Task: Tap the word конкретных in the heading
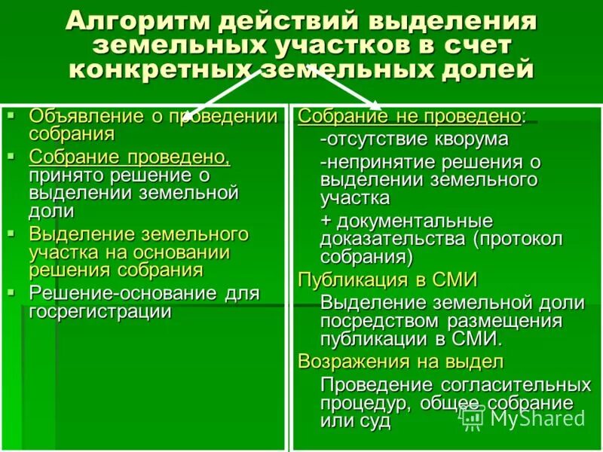pos(159,70)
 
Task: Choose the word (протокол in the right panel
pos(519,240)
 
